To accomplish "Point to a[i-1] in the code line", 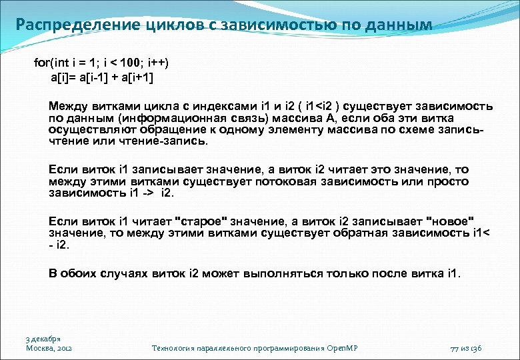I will (100, 77).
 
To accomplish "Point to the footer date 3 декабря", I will (43, 338).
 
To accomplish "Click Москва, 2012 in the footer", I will (49, 347).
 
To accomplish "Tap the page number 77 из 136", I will (466, 348).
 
